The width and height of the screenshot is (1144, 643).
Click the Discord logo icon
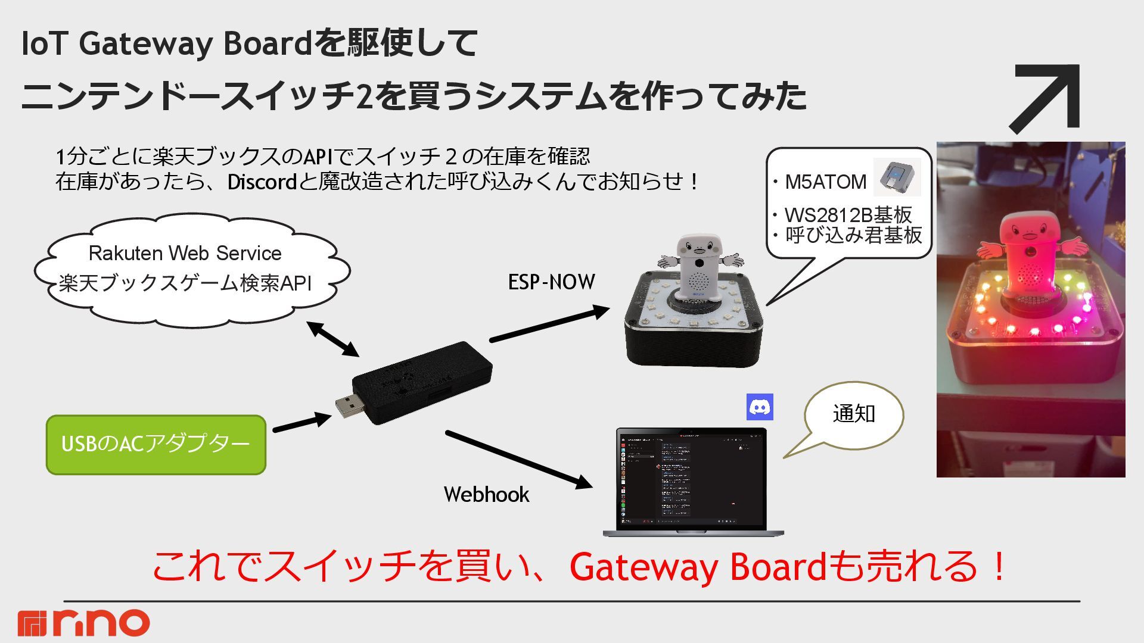click(x=760, y=407)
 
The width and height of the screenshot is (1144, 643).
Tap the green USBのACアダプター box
click(x=156, y=445)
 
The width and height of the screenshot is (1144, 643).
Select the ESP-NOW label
click(x=551, y=282)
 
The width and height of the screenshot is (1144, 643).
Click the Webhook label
click(x=486, y=495)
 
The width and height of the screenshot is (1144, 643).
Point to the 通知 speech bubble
click(x=853, y=414)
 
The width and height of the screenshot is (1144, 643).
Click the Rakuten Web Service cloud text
click(x=185, y=254)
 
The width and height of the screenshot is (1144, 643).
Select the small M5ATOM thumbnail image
click(x=897, y=177)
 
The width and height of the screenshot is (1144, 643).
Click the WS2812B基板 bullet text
click(x=848, y=215)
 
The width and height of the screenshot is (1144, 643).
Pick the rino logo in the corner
click(x=83, y=623)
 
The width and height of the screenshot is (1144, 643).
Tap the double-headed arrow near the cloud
click(x=333, y=339)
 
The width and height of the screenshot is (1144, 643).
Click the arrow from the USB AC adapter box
click(x=301, y=422)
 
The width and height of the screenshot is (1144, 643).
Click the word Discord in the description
click(x=262, y=182)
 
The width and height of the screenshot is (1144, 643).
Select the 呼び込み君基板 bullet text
click(x=853, y=236)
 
